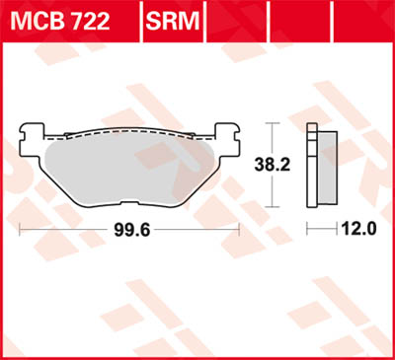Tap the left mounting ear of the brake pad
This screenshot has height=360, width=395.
pyautogui.click(x=32, y=130)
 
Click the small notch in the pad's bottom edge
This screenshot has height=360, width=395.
pyautogui.click(x=129, y=190)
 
